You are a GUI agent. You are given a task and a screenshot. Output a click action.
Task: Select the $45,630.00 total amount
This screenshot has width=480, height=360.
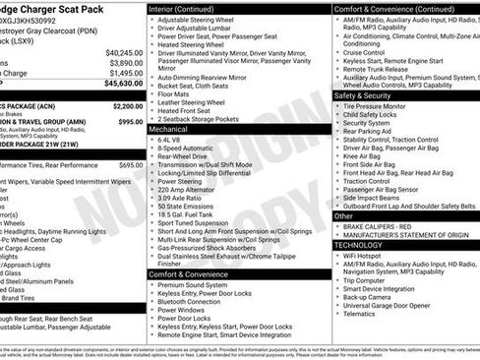[123, 84]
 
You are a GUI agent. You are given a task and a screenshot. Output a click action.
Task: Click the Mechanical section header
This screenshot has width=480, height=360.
[169, 128]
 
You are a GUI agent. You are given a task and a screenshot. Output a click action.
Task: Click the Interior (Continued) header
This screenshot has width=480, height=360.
[183, 9]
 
